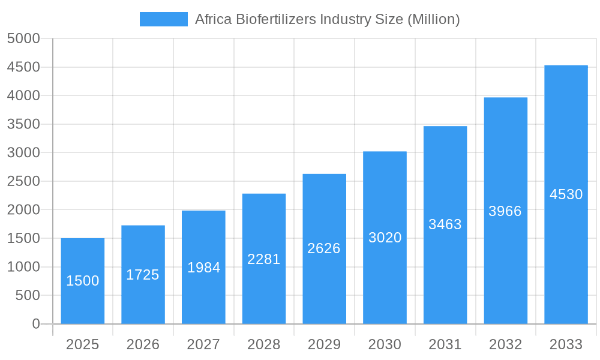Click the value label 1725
143,275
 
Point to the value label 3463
445,224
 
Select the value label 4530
566,194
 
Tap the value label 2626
324,248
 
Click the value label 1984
203,268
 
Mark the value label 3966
505,211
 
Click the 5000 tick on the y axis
23,39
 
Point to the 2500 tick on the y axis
23,181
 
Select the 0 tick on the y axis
35,324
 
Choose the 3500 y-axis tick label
23,124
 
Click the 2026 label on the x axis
143,344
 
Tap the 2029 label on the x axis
324,344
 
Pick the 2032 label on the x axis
505,344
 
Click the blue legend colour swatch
163,19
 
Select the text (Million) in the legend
434,19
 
